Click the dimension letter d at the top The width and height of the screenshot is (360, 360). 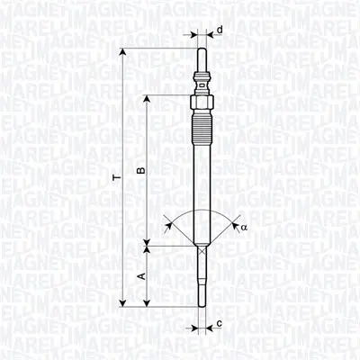tap(220, 30)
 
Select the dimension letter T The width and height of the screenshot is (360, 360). tap(115, 178)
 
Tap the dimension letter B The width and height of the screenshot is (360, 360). tap(140, 170)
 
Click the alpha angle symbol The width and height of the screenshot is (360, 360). tap(243, 228)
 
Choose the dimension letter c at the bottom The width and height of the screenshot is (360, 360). tap(220, 323)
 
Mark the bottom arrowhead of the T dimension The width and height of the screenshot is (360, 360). tap(122, 303)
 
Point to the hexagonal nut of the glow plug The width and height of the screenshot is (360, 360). tap(202, 94)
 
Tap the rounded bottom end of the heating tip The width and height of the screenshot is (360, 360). tap(202, 305)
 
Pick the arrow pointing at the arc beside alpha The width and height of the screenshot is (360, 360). tap(233, 225)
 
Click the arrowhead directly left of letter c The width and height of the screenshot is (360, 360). tap(209, 323)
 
